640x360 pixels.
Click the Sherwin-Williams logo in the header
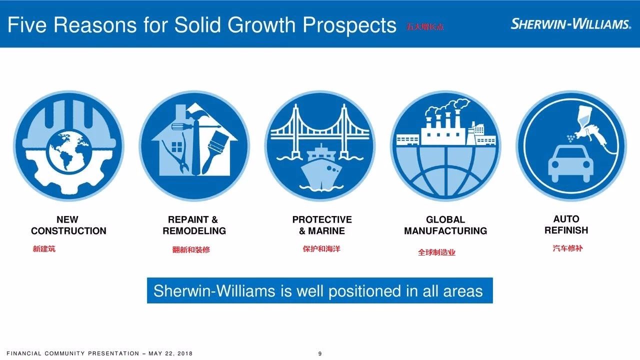point(570,24)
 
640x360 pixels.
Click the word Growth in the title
point(261,25)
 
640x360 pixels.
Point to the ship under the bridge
point(321,167)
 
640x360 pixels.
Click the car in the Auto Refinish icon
point(570,163)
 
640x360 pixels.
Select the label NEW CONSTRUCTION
point(68,225)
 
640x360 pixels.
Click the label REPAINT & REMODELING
point(194,225)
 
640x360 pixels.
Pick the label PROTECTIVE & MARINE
point(322,225)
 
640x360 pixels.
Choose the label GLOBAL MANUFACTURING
point(445,225)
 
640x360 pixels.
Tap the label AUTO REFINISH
point(566,224)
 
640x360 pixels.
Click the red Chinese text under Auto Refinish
point(567,248)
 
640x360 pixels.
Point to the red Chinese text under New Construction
point(44,249)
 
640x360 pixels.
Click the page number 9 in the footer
point(320,353)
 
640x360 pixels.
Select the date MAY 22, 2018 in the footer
point(170,353)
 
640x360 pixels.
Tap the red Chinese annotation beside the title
point(425,27)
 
